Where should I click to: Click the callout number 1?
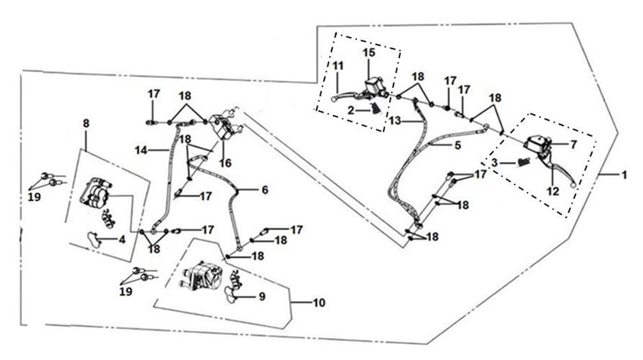(x=625, y=175)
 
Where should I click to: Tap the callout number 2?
(x=351, y=110)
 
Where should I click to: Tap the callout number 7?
(x=573, y=143)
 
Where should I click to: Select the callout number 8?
(x=86, y=123)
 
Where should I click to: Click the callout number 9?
(x=261, y=296)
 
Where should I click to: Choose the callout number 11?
(x=337, y=67)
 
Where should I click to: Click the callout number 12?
(x=553, y=191)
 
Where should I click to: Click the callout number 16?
(x=225, y=163)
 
